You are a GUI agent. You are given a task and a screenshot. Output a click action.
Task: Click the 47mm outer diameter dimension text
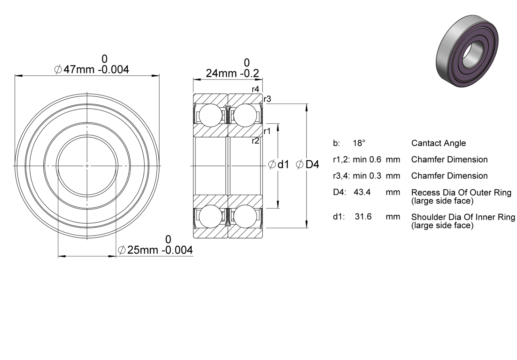(x=91, y=69)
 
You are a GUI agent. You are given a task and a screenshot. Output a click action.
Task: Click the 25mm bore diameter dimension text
(x=155, y=250)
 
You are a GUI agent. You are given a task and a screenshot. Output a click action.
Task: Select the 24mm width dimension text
(x=232, y=74)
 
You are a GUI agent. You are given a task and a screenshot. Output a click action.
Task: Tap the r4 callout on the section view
(x=256, y=89)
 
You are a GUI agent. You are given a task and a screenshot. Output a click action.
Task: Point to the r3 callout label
(x=267, y=99)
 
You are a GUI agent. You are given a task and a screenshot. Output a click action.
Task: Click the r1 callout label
(x=267, y=131)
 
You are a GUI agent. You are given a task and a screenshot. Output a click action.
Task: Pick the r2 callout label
(x=256, y=141)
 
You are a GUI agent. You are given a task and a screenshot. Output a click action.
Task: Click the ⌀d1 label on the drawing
(x=279, y=165)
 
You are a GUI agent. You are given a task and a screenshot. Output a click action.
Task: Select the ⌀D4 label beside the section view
(x=308, y=165)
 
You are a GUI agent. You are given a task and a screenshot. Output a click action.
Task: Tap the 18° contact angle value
(x=359, y=143)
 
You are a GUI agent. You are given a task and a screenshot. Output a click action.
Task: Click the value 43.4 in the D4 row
(x=362, y=192)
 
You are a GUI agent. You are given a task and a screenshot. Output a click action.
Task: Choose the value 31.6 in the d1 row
(x=363, y=216)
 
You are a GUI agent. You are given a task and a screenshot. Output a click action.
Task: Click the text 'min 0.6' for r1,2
(x=367, y=159)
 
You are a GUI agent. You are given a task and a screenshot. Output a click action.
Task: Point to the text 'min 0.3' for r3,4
(x=367, y=176)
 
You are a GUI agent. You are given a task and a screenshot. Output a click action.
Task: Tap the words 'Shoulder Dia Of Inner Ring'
(x=463, y=217)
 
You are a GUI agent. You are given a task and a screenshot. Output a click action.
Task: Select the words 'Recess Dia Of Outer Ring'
(x=461, y=193)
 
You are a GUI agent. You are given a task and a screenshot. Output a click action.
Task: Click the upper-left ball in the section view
(x=210, y=115)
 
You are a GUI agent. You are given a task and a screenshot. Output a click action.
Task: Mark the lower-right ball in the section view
(x=245, y=216)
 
